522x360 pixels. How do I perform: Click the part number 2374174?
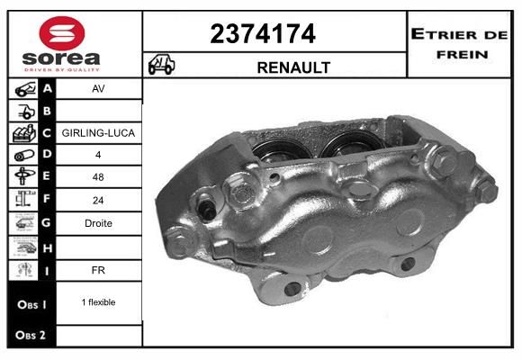coord(263,33)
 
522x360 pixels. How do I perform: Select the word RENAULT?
coord(293,67)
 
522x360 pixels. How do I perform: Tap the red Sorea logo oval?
coord(62,33)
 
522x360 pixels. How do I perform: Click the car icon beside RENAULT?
coord(161,64)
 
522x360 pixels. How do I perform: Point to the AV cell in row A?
coord(98,88)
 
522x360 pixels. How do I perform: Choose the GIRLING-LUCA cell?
coord(98,133)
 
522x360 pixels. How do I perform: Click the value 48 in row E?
coord(98,176)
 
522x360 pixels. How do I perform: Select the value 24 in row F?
coord(98,200)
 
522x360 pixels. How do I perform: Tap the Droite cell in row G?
coord(98,223)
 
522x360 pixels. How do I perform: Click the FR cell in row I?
coord(98,270)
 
